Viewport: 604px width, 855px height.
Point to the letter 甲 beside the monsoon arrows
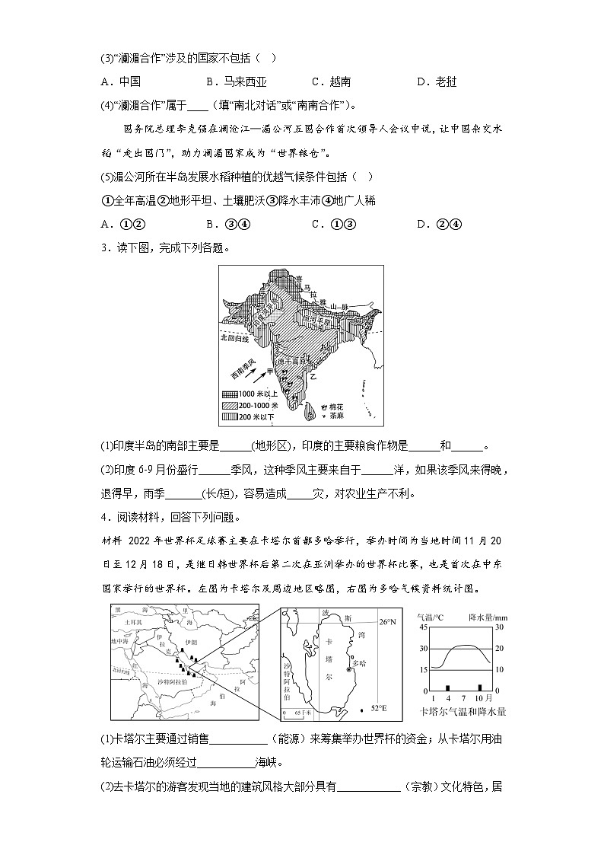point(268,369)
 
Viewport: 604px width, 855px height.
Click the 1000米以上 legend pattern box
point(230,394)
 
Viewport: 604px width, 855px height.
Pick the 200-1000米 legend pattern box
point(230,406)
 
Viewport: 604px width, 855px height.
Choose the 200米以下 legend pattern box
point(230,417)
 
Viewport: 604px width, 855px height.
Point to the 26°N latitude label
point(388,622)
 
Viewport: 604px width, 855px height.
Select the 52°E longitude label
point(379,709)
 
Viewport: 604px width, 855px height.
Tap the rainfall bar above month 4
point(448,687)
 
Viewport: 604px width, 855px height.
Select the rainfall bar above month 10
point(480,687)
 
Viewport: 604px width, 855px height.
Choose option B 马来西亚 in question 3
point(236,81)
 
